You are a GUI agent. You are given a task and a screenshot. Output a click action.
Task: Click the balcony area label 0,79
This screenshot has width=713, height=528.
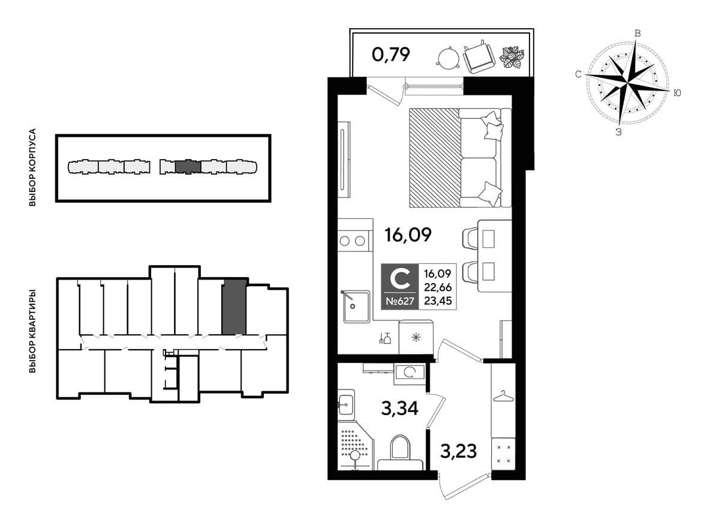390,55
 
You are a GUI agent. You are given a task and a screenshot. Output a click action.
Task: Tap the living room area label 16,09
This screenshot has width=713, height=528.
408,235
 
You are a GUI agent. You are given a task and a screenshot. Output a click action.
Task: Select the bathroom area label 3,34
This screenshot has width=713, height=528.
400,409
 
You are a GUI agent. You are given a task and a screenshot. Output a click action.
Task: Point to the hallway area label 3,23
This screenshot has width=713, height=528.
458,451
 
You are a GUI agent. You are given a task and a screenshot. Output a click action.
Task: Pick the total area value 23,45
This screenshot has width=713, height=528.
437,301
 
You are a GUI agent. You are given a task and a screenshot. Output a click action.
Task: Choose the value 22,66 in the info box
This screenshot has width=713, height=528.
437,287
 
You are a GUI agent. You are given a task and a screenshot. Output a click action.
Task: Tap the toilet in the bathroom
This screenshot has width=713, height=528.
400,452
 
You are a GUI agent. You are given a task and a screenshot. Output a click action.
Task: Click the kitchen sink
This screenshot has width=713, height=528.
356,307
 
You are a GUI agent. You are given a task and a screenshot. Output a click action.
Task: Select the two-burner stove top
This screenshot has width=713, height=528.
353,241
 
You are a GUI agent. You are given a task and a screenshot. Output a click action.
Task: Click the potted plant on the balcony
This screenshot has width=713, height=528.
513,58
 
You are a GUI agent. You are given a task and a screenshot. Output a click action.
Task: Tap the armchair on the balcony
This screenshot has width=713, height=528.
479,57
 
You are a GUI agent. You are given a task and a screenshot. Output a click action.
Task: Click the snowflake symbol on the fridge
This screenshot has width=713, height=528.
415,337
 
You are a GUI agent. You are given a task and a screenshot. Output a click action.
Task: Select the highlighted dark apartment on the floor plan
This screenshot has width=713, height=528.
234,307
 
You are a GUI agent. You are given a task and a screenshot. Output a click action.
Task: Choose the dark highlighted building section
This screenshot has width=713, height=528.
188,167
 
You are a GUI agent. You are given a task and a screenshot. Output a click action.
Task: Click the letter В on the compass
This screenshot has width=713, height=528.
637,33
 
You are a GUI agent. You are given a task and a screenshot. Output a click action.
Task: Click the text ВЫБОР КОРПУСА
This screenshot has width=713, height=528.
32,167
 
